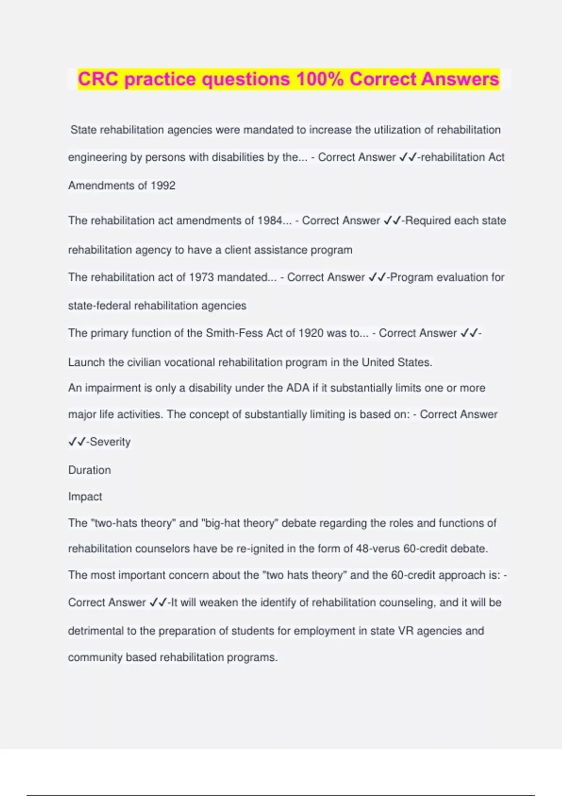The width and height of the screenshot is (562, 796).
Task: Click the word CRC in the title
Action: (x=98, y=79)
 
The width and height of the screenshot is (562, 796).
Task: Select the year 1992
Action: (x=163, y=185)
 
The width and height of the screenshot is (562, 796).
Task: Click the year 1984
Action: (x=270, y=221)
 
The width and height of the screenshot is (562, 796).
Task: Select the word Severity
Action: (x=110, y=442)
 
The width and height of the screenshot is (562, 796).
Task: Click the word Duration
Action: (x=89, y=470)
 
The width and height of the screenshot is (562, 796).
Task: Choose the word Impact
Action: (x=85, y=496)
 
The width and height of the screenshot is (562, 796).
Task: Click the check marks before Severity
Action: (x=77, y=442)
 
